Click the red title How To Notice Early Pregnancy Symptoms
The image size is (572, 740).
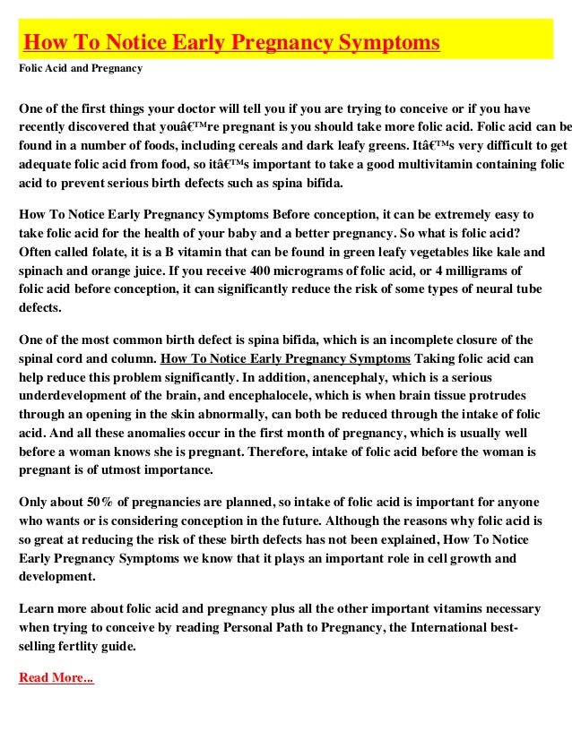pyautogui.click(x=231, y=43)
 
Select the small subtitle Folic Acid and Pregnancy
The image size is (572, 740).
pyautogui.click(x=81, y=67)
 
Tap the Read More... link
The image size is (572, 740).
pyautogui.click(x=56, y=677)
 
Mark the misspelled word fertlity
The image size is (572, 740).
pyautogui.click(x=81, y=646)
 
